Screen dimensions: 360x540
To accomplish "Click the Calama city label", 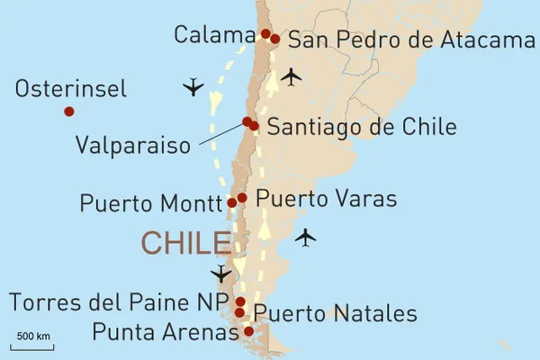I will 215,35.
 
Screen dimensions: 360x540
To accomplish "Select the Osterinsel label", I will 71,89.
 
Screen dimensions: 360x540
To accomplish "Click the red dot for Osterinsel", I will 68,112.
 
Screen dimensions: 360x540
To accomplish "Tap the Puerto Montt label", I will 150,203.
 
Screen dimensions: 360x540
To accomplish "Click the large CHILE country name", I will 185,243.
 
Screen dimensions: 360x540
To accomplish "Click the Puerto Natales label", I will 336,314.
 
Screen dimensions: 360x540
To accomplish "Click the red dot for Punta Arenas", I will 248,331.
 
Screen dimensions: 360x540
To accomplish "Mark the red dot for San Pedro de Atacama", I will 274,39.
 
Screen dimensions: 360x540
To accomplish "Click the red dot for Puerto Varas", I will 242,197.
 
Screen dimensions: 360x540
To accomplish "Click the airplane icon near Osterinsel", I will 193,87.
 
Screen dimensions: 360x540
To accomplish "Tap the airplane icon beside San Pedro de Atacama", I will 291,76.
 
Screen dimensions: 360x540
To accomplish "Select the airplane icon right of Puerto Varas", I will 306,238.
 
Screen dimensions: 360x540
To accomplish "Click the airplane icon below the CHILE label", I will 220,274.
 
